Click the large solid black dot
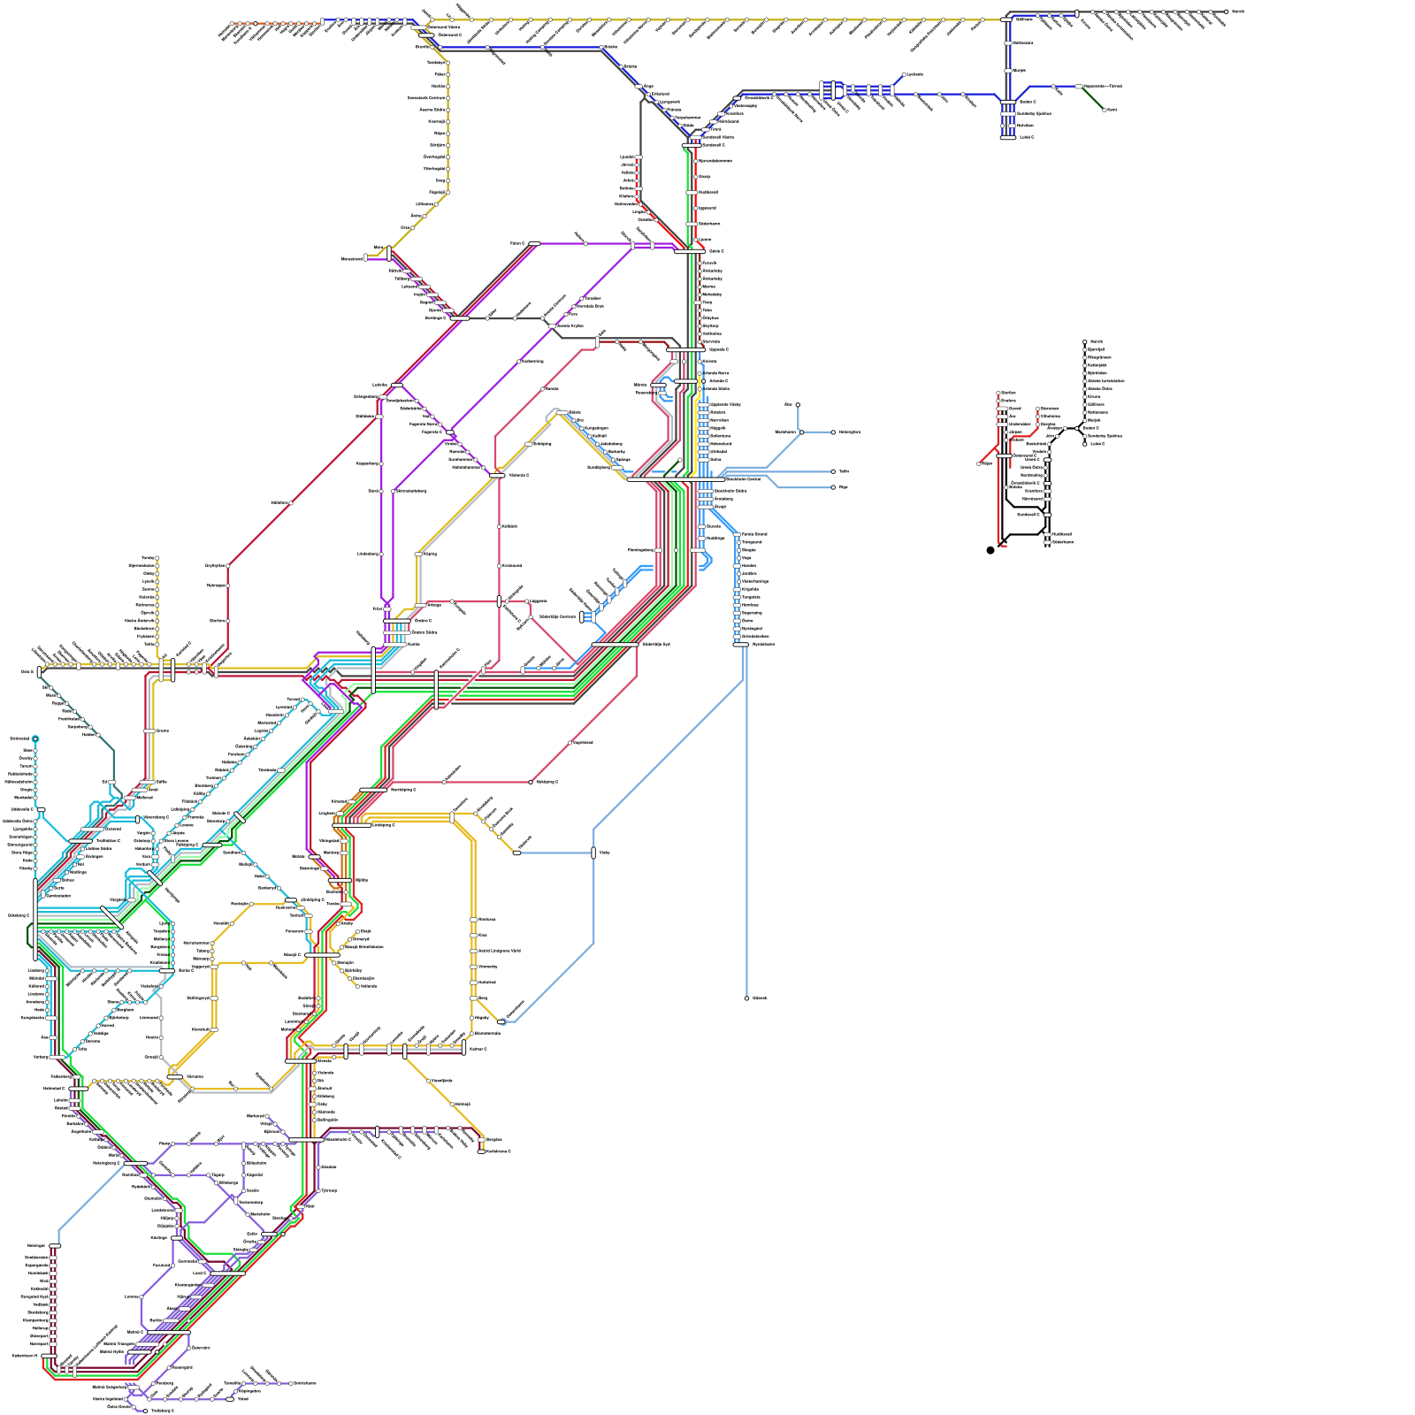point(990,550)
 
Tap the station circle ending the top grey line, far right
point(1227,11)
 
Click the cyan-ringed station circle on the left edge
point(35,738)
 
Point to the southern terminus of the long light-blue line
point(746,998)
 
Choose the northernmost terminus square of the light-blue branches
point(798,405)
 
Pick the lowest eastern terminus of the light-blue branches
point(833,487)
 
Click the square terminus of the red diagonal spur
point(979,463)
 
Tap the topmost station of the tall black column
point(1085,341)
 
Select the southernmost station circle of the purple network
point(145,1411)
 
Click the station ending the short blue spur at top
point(905,75)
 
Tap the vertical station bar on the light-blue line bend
point(593,853)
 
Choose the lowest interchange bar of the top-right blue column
point(1006,137)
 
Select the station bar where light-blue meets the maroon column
point(55,1246)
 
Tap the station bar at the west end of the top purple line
point(534,243)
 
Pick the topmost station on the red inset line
point(998,394)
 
